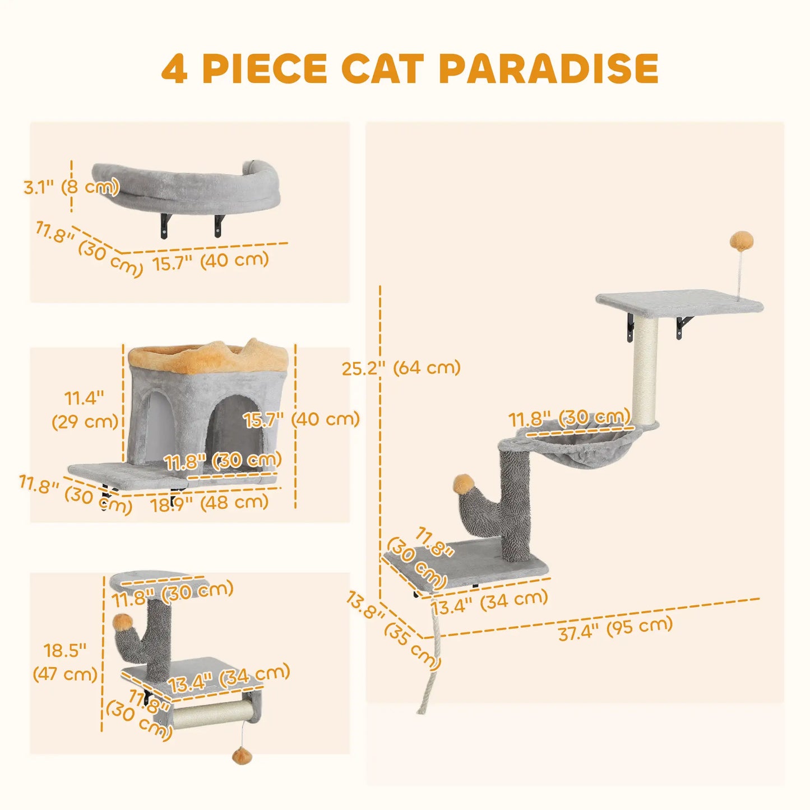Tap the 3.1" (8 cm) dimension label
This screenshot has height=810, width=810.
(x=72, y=187)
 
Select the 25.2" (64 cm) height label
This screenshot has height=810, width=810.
(x=401, y=368)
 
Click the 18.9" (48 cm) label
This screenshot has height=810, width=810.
(x=209, y=503)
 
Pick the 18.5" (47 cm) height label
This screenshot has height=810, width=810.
(x=65, y=662)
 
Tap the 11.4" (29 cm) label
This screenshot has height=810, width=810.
(x=85, y=410)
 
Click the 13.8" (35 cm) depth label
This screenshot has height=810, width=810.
(x=392, y=630)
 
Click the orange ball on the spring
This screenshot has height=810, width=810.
(x=741, y=243)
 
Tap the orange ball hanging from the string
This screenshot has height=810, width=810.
(x=242, y=756)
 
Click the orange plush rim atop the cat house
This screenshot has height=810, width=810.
(x=209, y=358)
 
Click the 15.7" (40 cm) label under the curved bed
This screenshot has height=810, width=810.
(x=211, y=261)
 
